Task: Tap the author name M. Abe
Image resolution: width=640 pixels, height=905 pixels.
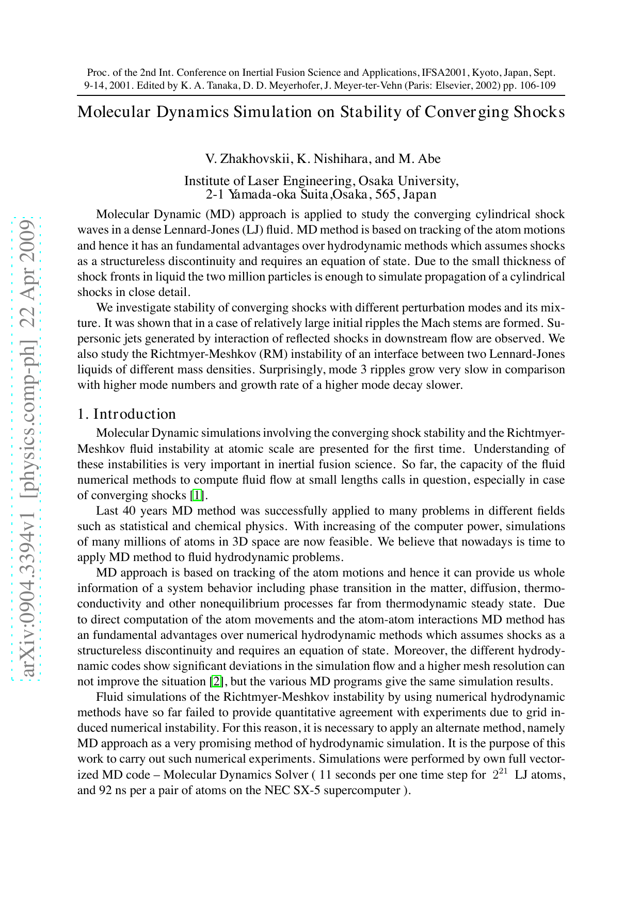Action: pos(420,158)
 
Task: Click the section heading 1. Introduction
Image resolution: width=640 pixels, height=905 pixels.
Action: pos(126,414)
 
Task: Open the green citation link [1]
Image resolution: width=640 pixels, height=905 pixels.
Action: pos(197,496)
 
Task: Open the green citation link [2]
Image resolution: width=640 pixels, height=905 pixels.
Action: pos(217,681)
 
